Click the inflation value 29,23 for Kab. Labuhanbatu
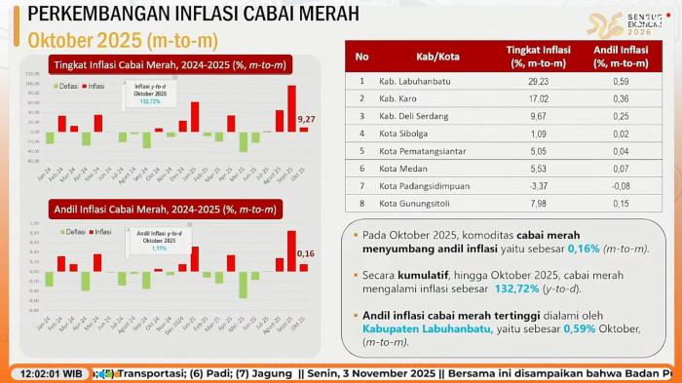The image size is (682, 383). [x=538, y=82]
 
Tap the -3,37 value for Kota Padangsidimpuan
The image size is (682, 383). [x=538, y=185]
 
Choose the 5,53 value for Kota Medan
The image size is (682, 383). [x=538, y=168]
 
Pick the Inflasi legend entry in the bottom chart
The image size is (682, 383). [x=100, y=232]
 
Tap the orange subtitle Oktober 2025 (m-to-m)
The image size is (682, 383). [x=122, y=40]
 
